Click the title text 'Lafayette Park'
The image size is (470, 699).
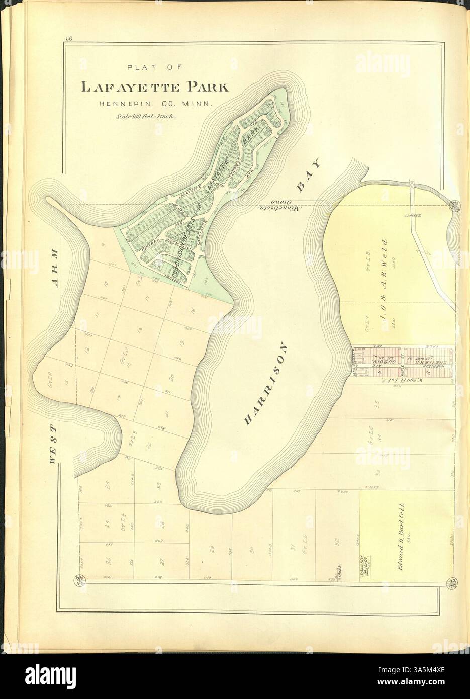[x=155, y=87]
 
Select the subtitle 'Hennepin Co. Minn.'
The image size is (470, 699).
[x=155, y=104]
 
